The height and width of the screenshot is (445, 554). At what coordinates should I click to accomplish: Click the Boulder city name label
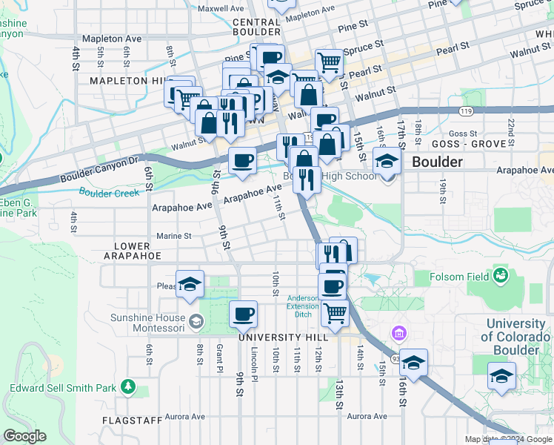click(x=437, y=161)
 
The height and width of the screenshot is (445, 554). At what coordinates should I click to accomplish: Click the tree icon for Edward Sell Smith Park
click(x=129, y=386)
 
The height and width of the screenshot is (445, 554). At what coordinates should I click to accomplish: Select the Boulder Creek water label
click(x=110, y=193)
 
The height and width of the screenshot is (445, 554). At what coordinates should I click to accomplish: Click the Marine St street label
click(x=174, y=236)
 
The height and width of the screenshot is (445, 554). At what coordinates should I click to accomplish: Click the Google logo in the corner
click(x=24, y=436)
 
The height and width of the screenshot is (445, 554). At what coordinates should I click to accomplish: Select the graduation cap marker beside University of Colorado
click(x=501, y=376)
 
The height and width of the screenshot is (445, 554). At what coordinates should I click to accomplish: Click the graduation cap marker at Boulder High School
click(x=386, y=161)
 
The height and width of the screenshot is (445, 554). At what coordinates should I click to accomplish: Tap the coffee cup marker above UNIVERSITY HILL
click(x=243, y=314)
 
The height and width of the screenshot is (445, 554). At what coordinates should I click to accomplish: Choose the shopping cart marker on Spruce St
click(x=328, y=62)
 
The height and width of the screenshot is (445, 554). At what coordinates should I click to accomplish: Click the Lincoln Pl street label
click(x=254, y=363)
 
